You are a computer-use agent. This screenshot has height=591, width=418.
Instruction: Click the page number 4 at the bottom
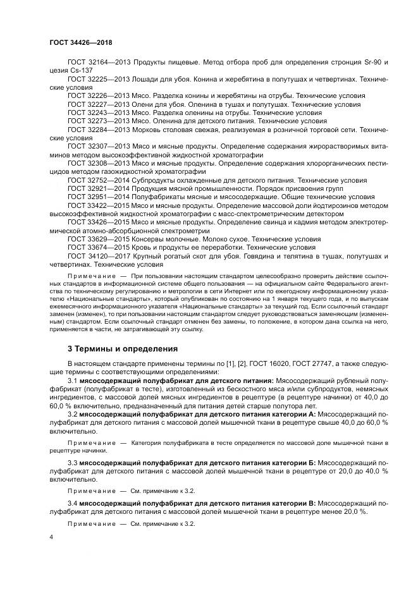click(51, 537)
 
